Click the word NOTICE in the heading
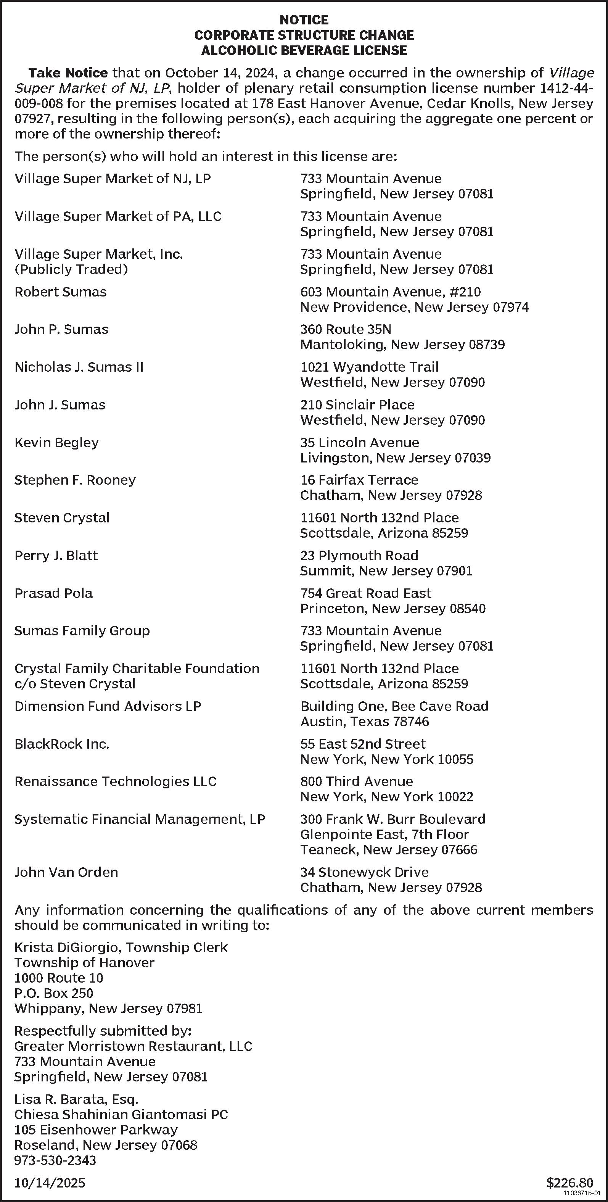point(304,20)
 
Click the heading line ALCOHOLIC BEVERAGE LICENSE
point(304,50)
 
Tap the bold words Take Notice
point(68,73)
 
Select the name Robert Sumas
point(61,292)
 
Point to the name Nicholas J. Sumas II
point(79,367)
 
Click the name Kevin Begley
point(56,443)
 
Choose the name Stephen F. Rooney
point(75,480)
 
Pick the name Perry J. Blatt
point(56,556)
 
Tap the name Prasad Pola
point(54,593)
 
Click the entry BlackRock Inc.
point(62,744)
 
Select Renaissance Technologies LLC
point(116,781)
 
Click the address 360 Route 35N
point(346,329)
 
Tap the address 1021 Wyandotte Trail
point(369,367)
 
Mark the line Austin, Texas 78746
point(365,722)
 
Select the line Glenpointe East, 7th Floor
point(384,835)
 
